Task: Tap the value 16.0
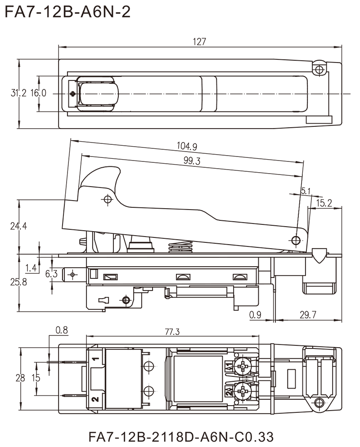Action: point(40,94)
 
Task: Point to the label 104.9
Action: point(188,147)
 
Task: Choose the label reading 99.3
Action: point(192,161)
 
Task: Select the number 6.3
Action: point(52,273)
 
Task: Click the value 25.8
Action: point(18,282)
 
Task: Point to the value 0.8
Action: point(61,331)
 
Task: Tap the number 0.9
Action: point(255,315)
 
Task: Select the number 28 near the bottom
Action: point(20,379)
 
